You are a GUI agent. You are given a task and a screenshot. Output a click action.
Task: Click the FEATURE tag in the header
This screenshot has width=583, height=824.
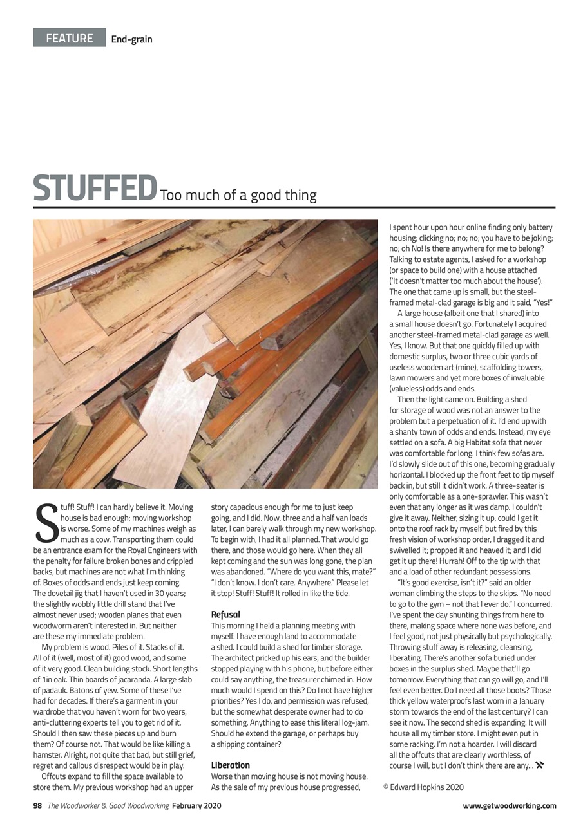pyautogui.click(x=70, y=38)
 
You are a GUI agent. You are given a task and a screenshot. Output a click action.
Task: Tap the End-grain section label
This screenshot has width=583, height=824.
pyautogui.click(x=131, y=39)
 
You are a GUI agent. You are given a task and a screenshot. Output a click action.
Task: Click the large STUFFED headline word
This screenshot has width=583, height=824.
pyautogui.click(x=95, y=187)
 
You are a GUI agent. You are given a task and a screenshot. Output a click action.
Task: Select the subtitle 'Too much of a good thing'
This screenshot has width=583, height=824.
pyautogui.click(x=238, y=195)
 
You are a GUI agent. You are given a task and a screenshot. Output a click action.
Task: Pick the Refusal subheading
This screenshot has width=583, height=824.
pyautogui.click(x=225, y=615)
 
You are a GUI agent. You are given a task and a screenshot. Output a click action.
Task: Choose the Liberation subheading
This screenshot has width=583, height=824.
pyautogui.click(x=231, y=765)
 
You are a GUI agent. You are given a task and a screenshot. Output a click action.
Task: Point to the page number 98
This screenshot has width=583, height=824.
pyautogui.click(x=37, y=805)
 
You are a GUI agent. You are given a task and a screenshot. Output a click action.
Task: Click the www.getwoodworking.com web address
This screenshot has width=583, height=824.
pyautogui.click(x=509, y=805)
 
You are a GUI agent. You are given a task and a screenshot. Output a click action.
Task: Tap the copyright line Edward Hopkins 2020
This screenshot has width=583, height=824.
pyautogui.click(x=423, y=787)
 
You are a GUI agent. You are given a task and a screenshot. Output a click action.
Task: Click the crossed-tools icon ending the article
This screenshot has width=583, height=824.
pyautogui.click(x=540, y=765)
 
